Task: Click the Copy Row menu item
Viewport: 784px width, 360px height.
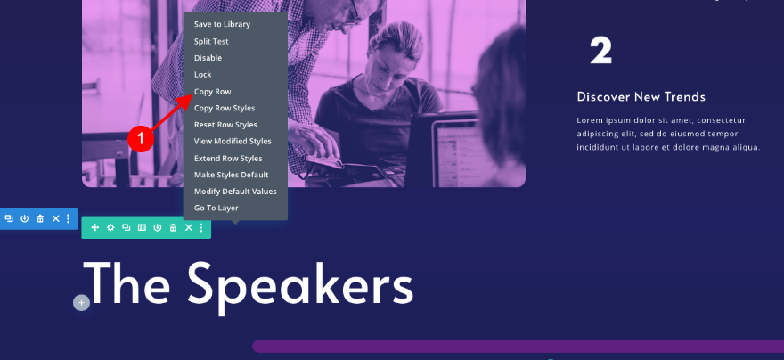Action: click(x=213, y=92)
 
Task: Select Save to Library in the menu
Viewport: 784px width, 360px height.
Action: click(x=222, y=24)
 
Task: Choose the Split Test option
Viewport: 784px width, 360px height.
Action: click(x=211, y=42)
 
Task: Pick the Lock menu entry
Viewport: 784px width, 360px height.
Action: click(x=202, y=75)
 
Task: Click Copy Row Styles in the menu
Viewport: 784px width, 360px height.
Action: click(x=225, y=108)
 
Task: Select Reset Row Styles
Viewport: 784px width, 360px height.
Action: click(x=225, y=125)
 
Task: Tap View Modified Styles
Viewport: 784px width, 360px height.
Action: click(x=233, y=142)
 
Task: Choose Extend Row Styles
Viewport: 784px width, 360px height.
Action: click(x=228, y=159)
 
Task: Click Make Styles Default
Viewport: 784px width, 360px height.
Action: click(x=231, y=175)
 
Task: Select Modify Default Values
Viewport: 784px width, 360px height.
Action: click(x=235, y=192)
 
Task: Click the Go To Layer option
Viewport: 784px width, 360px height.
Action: click(x=216, y=208)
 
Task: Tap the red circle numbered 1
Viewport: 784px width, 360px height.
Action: click(x=141, y=138)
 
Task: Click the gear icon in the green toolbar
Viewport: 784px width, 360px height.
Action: click(x=110, y=227)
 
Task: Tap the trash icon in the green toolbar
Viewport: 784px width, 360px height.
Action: click(x=173, y=227)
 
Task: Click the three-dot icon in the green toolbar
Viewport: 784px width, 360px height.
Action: click(x=201, y=227)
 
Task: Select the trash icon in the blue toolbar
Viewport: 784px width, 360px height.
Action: click(x=40, y=218)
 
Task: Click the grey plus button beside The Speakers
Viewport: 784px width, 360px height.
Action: click(x=81, y=302)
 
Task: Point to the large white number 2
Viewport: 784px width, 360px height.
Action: click(x=600, y=51)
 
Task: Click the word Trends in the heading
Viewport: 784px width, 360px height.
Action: click(x=680, y=97)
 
